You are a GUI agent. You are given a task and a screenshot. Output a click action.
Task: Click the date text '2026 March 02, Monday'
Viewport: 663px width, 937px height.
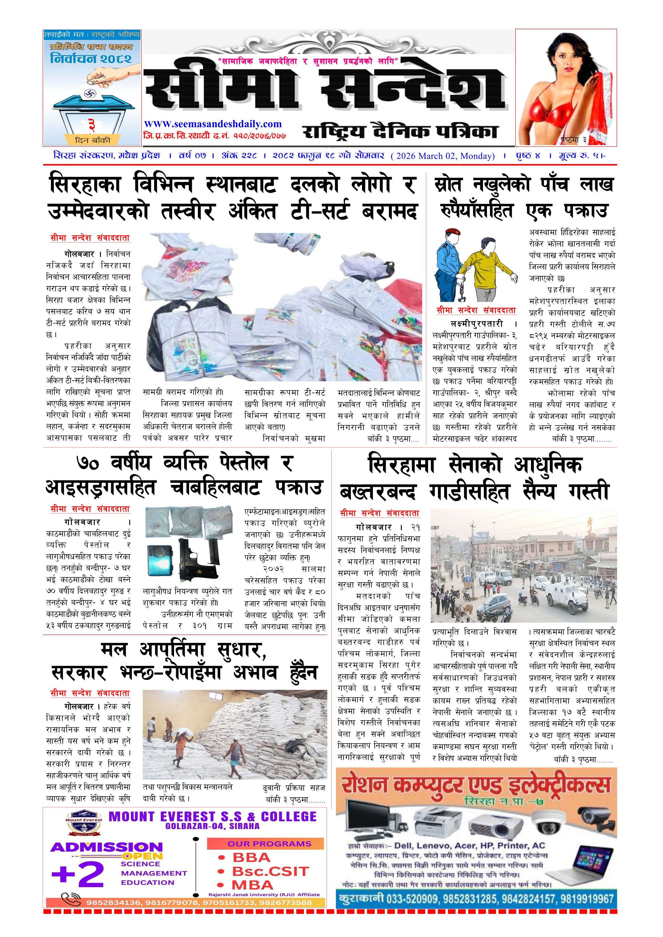tap(442, 156)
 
